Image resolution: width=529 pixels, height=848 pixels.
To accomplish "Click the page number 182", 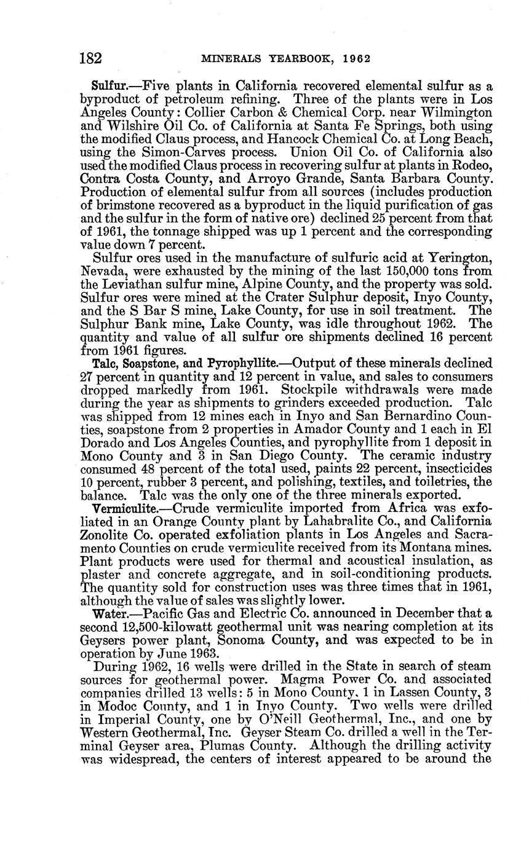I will click(x=91, y=58).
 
